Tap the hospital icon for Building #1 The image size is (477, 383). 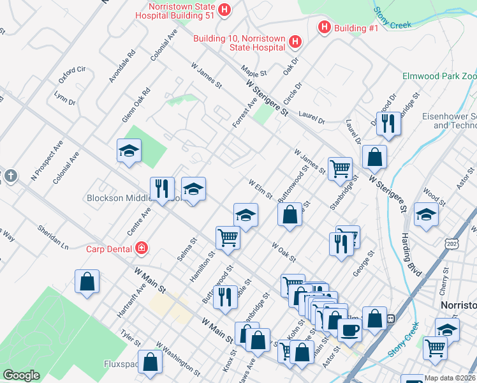tap(324, 27)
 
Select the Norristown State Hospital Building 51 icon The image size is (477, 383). tap(224, 10)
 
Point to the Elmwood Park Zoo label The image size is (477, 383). tap(439, 76)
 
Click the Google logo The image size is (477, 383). tap(21, 375)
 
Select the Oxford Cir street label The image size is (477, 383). tap(72, 75)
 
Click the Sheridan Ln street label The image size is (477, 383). tap(52, 236)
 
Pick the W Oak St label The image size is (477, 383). tap(284, 252)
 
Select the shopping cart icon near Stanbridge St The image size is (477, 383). tap(340, 169)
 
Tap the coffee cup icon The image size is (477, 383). tap(349, 329)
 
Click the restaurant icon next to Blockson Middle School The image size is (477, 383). tap(162, 188)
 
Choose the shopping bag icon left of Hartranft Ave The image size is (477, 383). tap(87, 282)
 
